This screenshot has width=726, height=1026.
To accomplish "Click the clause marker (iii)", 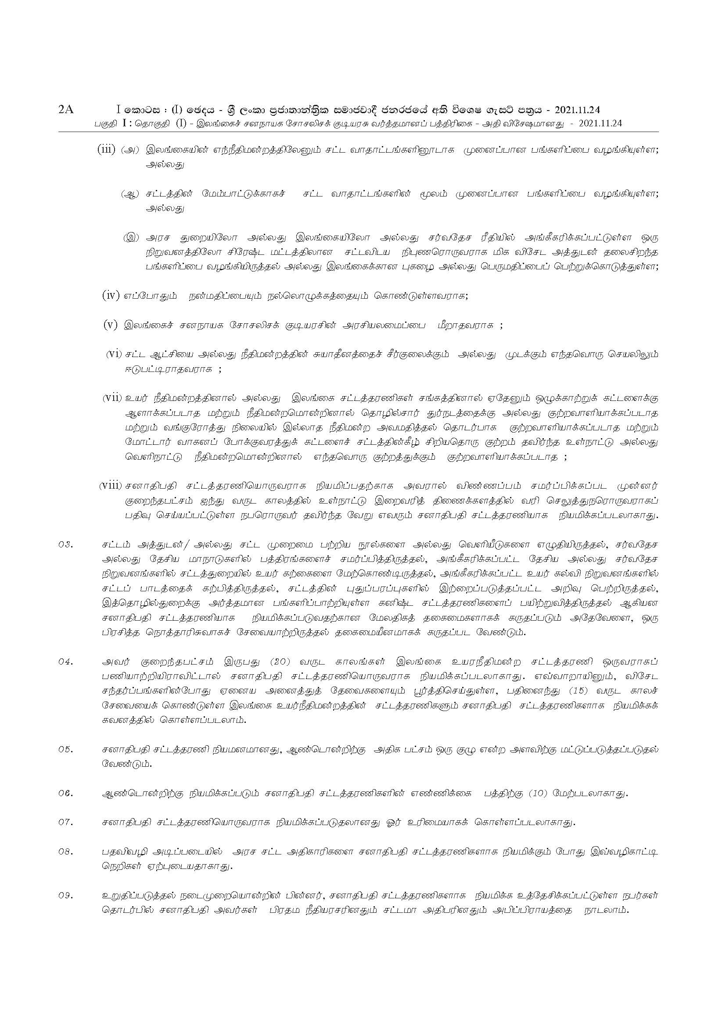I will (x=106, y=150).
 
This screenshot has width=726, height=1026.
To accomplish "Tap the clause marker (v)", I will (x=110, y=325).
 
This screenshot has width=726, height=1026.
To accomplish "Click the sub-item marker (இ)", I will (x=131, y=238).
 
